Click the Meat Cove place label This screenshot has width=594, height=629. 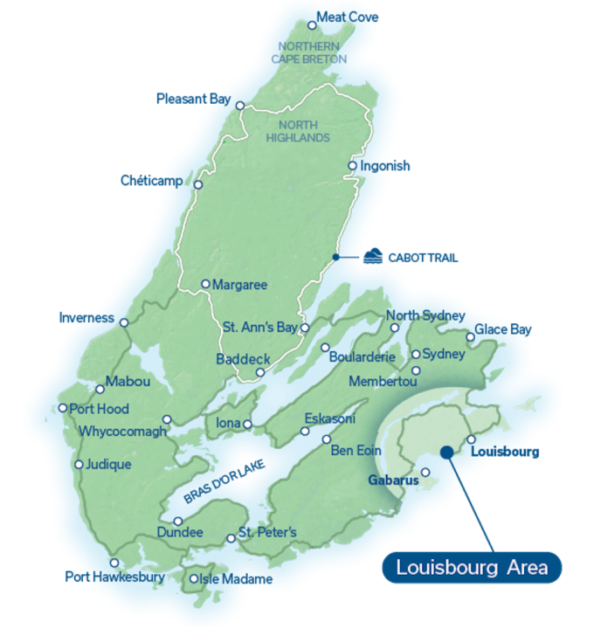[x=348, y=17]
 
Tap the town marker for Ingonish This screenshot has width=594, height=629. [x=353, y=166]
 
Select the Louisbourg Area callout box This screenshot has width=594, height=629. [x=472, y=568]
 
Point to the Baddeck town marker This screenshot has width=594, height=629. [x=259, y=373]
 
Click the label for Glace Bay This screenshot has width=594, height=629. [x=503, y=331]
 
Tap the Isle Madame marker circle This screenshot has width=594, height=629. [x=194, y=578]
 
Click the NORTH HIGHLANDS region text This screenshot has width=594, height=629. [x=300, y=131]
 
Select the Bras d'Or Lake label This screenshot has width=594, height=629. [x=224, y=481]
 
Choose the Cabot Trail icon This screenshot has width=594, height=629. [x=375, y=257]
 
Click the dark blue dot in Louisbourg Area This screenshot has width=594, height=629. [x=446, y=453]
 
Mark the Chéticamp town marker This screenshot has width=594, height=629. [x=198, y=185]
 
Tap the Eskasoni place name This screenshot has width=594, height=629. [x=329, y=419]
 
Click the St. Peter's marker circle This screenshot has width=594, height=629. [x=231, y=538]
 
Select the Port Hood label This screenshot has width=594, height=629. [x=99, y=409]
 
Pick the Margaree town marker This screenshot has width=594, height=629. [x=205, y=284]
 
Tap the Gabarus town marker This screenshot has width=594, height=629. [x=425, y=473]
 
